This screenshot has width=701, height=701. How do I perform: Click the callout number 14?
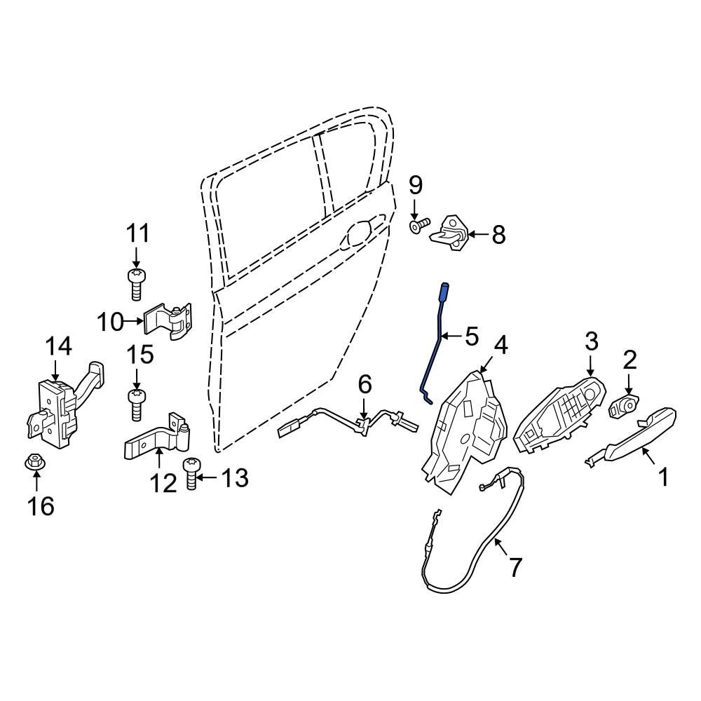click(59, 346)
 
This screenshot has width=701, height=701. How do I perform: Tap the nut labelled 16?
click(34, 463)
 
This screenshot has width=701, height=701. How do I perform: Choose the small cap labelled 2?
click(623, 406)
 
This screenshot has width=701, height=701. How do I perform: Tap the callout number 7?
click(515, 566)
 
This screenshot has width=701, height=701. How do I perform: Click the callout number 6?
click(365, 385)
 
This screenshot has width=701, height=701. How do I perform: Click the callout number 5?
click(471, 337)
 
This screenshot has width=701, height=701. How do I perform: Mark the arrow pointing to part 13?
click(206, 478)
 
